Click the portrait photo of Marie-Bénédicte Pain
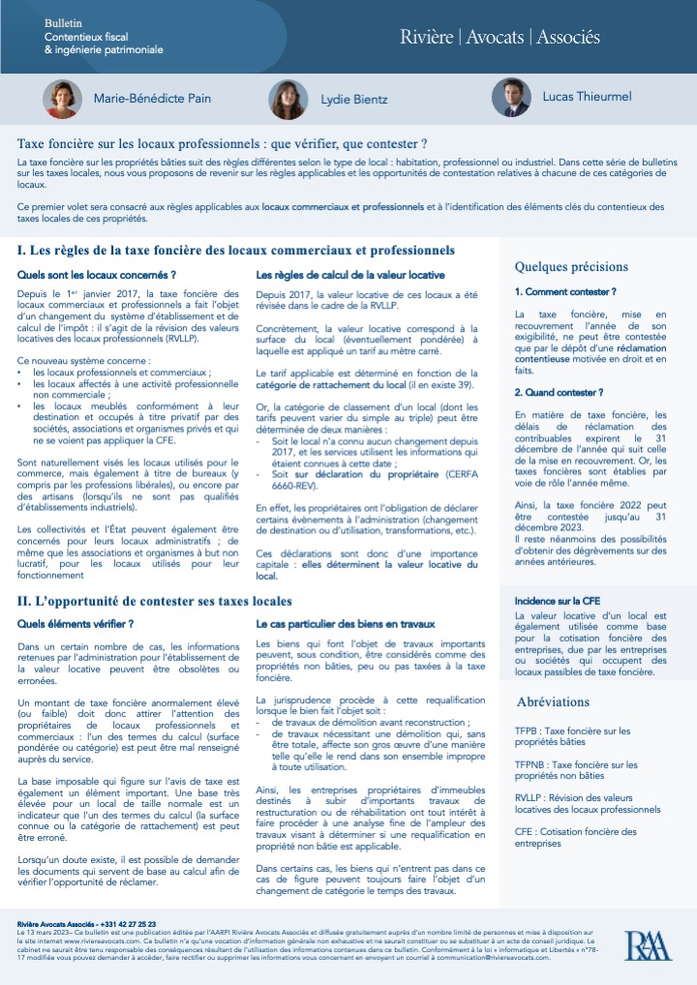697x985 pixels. (x=62, y=99)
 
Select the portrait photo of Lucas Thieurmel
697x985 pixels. (x=509, y=98)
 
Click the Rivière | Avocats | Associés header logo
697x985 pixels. (x=500, y=38)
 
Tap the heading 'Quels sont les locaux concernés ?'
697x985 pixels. (x=97, y=275)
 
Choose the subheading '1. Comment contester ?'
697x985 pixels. (x=565, y=291)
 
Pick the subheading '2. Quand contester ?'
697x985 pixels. (x=559, y=392)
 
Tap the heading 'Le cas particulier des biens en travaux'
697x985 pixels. (x=345, y=624)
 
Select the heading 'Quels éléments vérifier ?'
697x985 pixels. (x=76, y=624)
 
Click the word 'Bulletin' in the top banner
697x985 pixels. (x=65, y=21)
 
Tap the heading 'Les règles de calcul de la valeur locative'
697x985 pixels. (x=349, y=275)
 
